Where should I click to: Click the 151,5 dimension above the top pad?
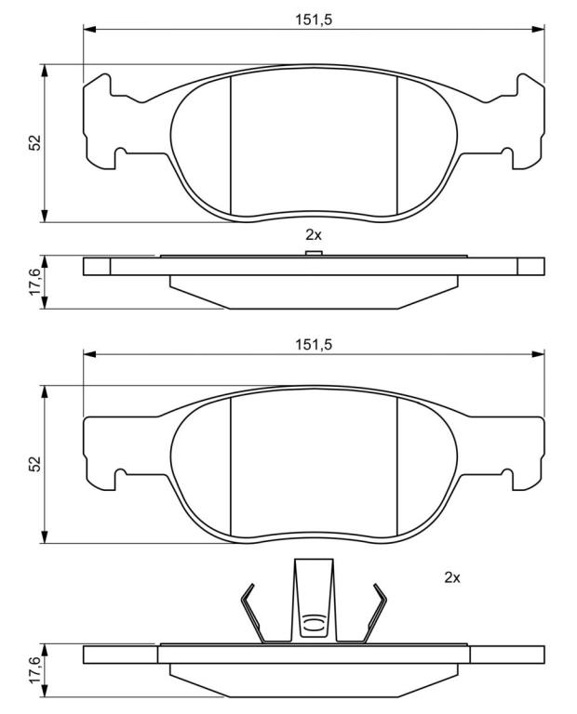point(314,20)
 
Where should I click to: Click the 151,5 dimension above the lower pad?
point(314,345)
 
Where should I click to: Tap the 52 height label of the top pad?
point(35,142)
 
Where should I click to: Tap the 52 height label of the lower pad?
point(35,463)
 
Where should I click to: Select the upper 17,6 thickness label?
point(35,282)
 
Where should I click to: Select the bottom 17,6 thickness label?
point(35,670)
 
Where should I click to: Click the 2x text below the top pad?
point(314,235)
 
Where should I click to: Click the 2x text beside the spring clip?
point(452,578)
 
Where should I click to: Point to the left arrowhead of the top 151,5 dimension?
point(89,30)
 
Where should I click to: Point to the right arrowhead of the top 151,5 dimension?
point(538,30)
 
